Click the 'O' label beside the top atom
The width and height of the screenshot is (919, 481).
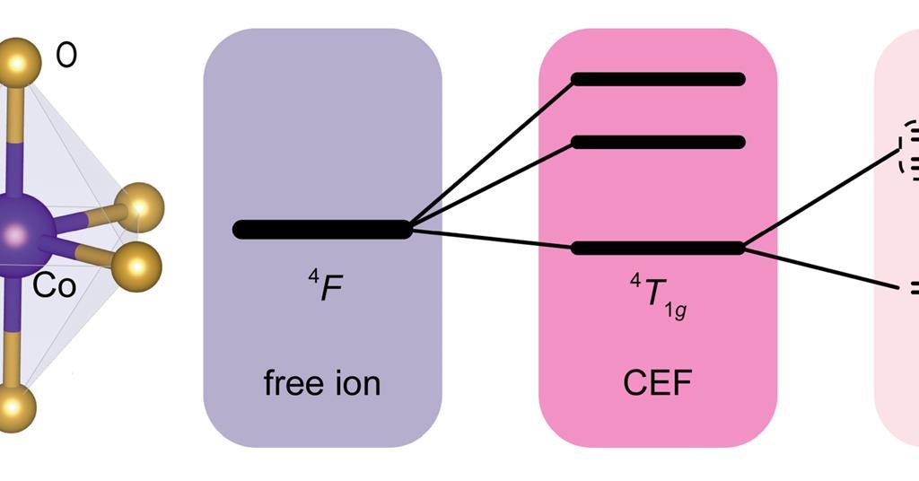(x=66, y=56)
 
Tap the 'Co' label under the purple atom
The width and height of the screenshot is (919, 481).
(x=55, y=285)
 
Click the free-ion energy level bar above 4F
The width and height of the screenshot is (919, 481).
(x=321, y=229)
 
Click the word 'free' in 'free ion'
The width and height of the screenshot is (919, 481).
(x=292, y=383)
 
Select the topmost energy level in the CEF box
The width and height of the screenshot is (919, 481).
(x=658, y=79)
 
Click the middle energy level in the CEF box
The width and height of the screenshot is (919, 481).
(x=658, y=142)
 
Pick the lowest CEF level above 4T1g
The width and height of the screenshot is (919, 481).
(x=658, y=248)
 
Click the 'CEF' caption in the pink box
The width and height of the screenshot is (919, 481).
(x=658, y=383)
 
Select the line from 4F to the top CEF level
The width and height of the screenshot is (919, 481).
(x=492, y=153)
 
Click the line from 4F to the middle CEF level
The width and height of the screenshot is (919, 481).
(x=492, y=185)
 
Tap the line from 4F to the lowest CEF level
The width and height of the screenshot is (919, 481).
(x=492, y=238)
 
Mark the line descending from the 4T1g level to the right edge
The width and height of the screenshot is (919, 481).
(x=821, y=267)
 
